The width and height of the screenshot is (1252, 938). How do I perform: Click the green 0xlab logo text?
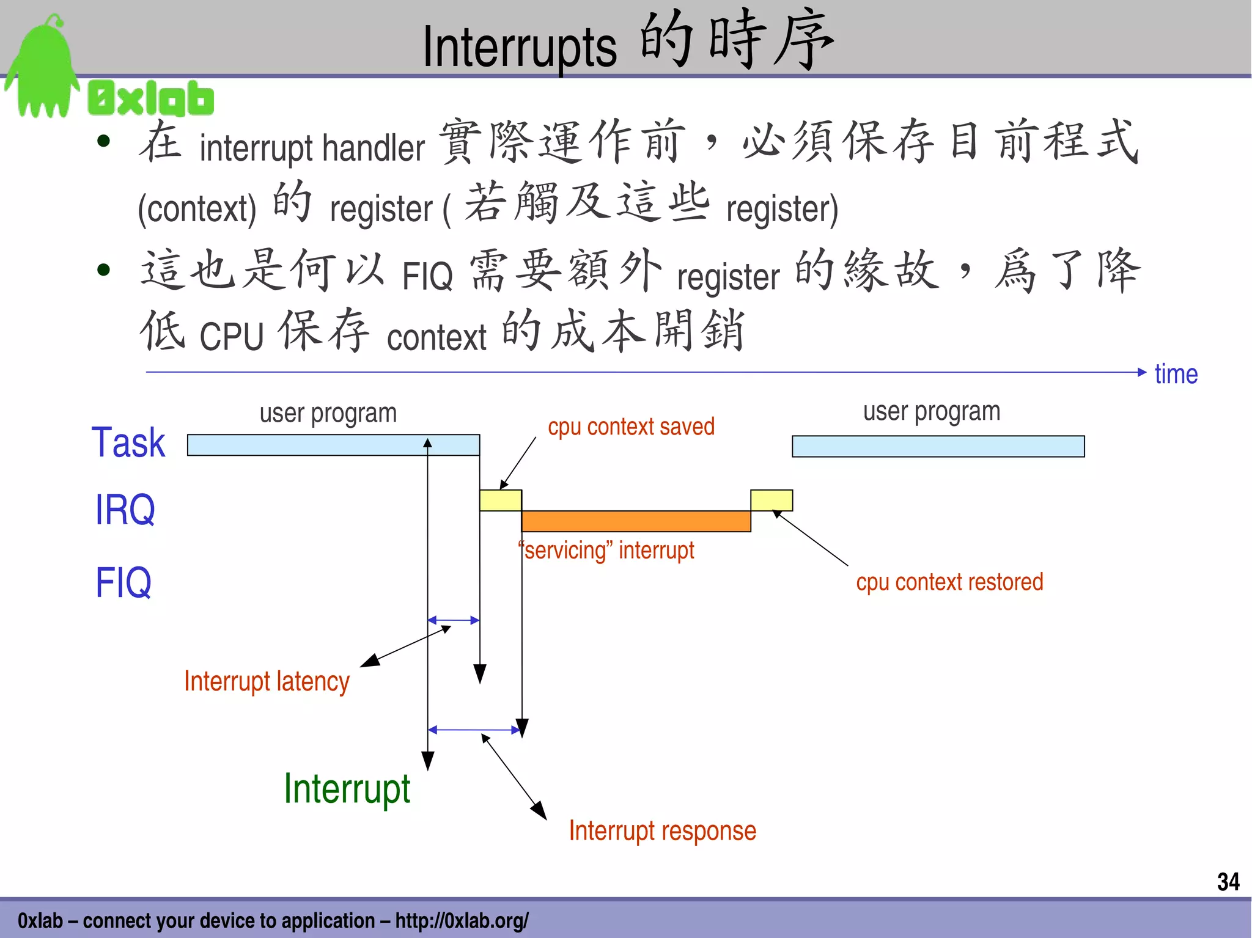tap(151, 98)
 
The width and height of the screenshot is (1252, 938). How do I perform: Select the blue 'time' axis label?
tap(1176, 374)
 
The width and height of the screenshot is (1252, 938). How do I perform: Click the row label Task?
tap(128, 442)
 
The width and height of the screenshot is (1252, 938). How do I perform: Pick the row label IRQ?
tap(125, 510)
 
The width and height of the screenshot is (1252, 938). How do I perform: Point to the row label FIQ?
tap(123, 582)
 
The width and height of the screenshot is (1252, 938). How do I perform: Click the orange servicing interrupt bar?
tap(636, 521)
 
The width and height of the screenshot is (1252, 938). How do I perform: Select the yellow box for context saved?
tap(500, 500)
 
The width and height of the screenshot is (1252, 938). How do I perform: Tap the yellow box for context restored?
tap(771, 500)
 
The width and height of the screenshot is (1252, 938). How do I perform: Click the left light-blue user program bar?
tap(333, 445)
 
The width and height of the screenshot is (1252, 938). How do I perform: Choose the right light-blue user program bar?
tap(938, 446)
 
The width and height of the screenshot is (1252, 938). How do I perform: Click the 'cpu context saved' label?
tap(631, 427)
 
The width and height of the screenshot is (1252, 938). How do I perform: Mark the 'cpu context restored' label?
tap(949, 582)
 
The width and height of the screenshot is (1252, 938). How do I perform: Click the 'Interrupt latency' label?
tap(267, 681)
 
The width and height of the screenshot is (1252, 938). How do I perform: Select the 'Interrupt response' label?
tap(662, 830)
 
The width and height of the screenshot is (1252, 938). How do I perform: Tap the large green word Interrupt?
tap(347, 789)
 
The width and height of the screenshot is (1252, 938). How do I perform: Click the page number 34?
tap(1228, 881)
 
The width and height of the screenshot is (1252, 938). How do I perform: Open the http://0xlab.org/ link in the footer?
tap(462, 920)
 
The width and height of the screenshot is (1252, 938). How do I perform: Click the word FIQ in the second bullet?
tap(427, 276)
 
